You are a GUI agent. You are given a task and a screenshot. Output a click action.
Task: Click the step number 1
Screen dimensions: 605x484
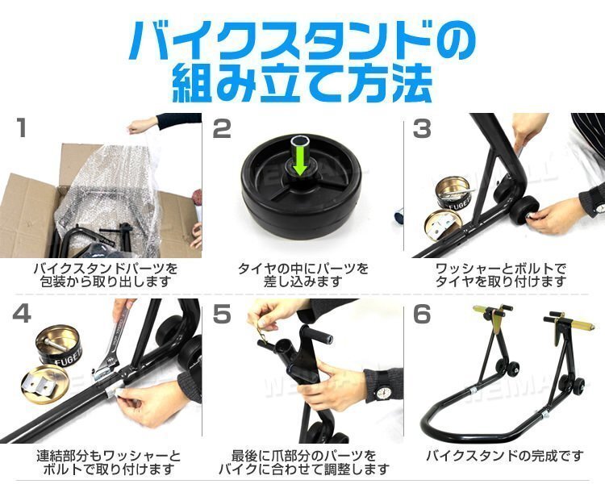click(22, 127)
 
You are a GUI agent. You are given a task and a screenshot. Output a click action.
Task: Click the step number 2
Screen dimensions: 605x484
click(222, 128)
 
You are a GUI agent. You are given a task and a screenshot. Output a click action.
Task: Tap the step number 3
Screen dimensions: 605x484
click(422, 128)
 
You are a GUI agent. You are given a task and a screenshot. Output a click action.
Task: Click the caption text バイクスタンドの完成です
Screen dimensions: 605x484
click(504, 457)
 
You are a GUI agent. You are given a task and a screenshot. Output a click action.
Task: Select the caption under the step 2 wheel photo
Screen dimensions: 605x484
click(303, 275)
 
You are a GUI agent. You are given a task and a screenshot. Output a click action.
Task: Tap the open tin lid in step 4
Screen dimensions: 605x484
click(45, 386)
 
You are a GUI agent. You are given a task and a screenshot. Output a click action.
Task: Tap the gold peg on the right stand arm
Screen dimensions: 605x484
click(581, 323)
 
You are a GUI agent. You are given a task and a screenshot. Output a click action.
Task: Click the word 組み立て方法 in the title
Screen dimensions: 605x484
click(302, 84)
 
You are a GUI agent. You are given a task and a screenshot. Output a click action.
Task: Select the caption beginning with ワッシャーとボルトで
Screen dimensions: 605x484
click(501, 275)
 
